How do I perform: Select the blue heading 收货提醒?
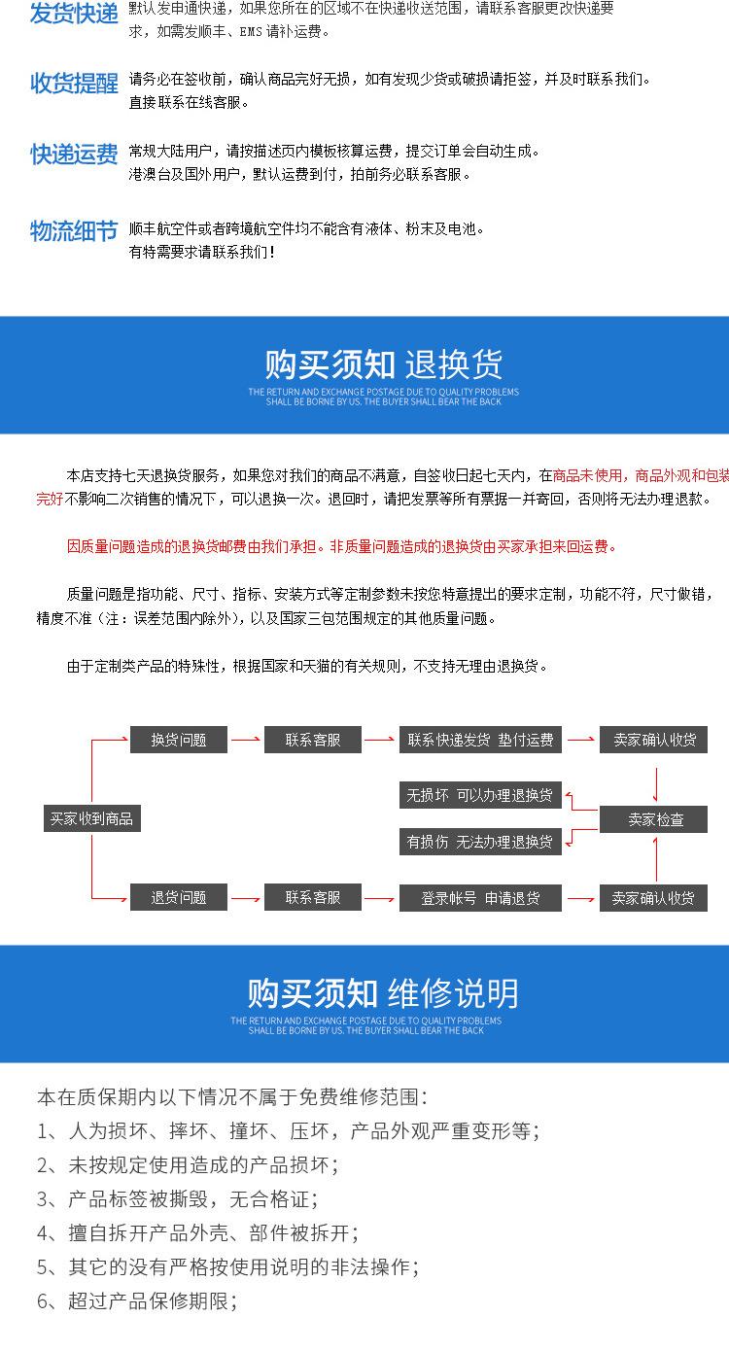coord(74,84)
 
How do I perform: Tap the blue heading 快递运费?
coord(74,155)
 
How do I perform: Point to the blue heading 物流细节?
coord(74,230)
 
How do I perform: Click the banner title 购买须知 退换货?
coord(384,364)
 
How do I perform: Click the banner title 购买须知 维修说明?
coord(383,993)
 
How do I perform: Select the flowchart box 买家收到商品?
coord(91,818)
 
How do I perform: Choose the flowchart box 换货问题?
coord(179,740)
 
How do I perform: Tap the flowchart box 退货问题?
coord(179,897)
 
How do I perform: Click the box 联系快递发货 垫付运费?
coord(480,740)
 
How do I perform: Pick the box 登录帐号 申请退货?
coord(480,897)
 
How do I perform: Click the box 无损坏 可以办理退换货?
coord(480,795)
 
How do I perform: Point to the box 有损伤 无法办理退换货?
coord(480,842)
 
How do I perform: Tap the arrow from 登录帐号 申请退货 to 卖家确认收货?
coord(580,897)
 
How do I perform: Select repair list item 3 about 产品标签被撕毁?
coord(177,1198)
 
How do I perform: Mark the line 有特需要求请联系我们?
coord(202,253)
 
